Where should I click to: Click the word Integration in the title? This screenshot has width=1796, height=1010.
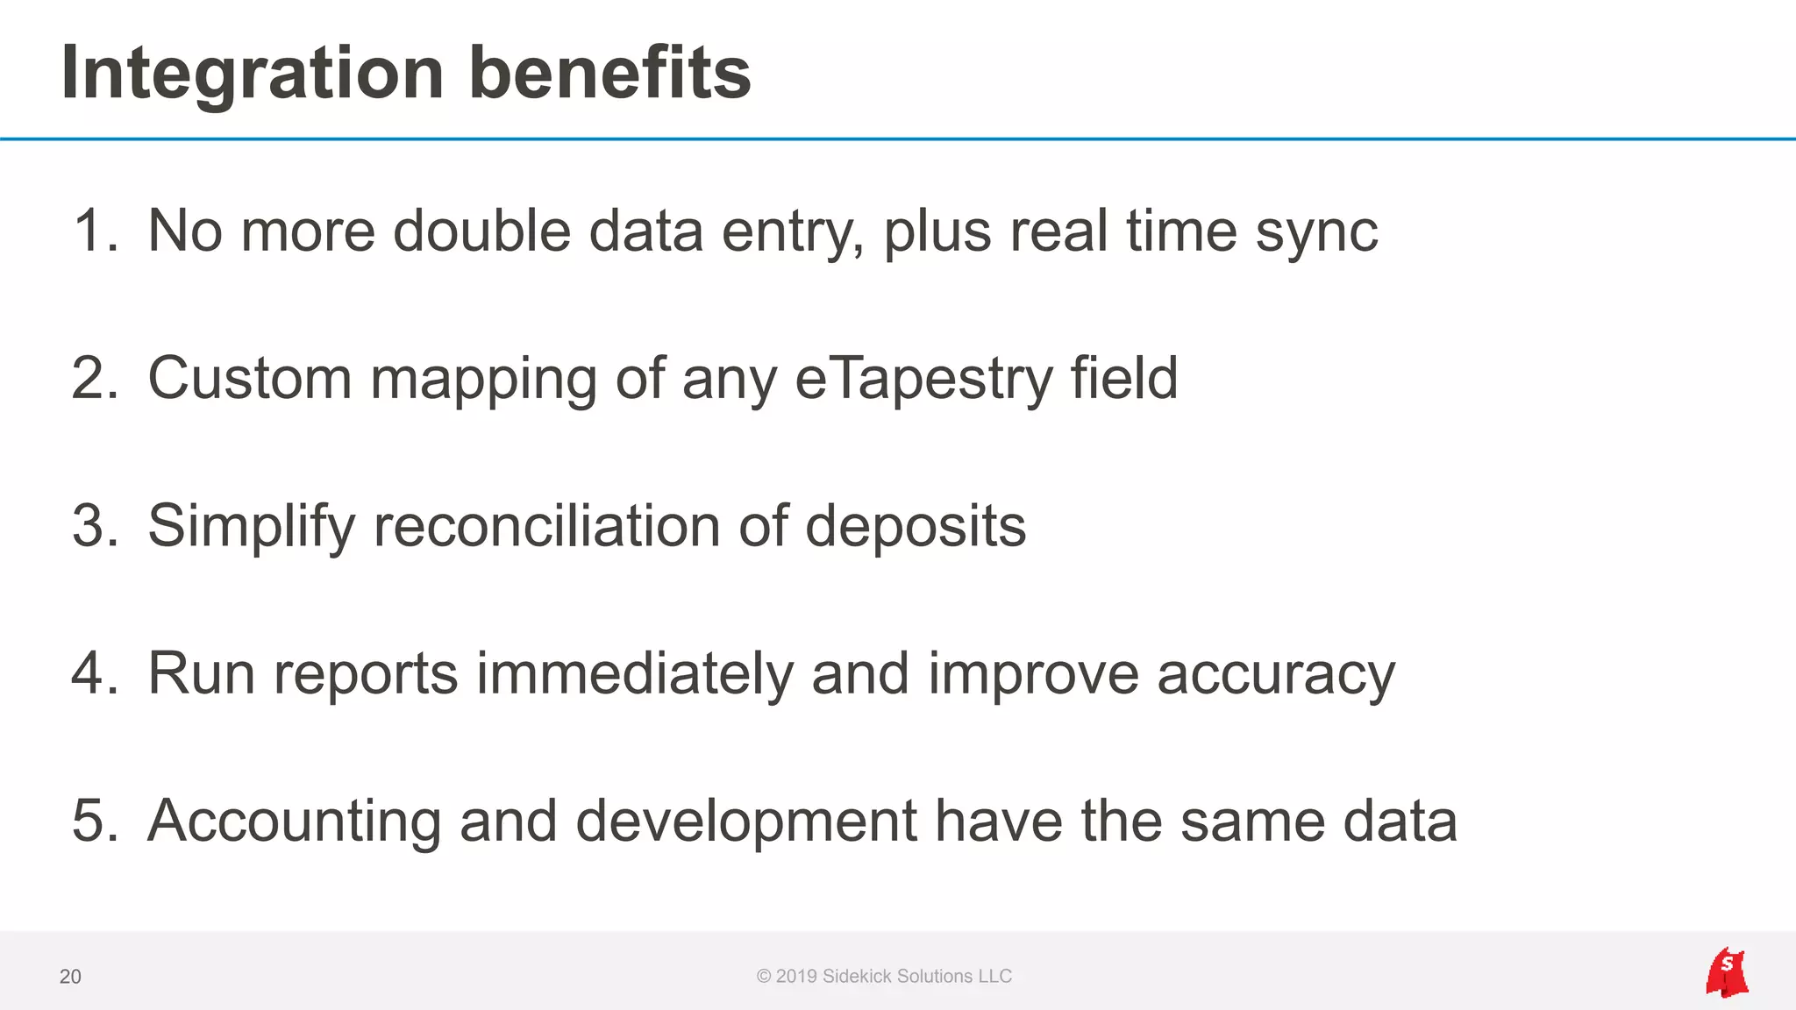pos(253,74)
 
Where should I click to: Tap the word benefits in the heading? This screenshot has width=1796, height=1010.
pos(609,74)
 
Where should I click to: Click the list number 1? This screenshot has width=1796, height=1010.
pos(95,231)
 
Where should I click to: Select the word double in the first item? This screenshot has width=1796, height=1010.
pos(481,231)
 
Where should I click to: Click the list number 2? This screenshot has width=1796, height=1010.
pos(95,379)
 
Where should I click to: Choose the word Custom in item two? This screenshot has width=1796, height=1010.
pos(250,379)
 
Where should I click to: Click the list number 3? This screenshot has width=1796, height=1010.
pos(95,526)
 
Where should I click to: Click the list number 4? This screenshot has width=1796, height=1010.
pos(95,673)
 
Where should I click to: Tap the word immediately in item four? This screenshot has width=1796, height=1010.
pos(634,673)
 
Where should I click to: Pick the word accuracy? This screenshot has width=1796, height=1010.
pos(1276,675)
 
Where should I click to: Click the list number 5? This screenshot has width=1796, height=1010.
pos(95,821)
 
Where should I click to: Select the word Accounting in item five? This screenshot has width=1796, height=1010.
pos(294,822)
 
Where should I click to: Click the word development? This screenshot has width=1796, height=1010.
pos(745,822)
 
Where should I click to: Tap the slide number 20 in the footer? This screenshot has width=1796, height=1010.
pos(70,977)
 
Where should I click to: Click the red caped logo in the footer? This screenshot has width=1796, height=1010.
pos(1727,972)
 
